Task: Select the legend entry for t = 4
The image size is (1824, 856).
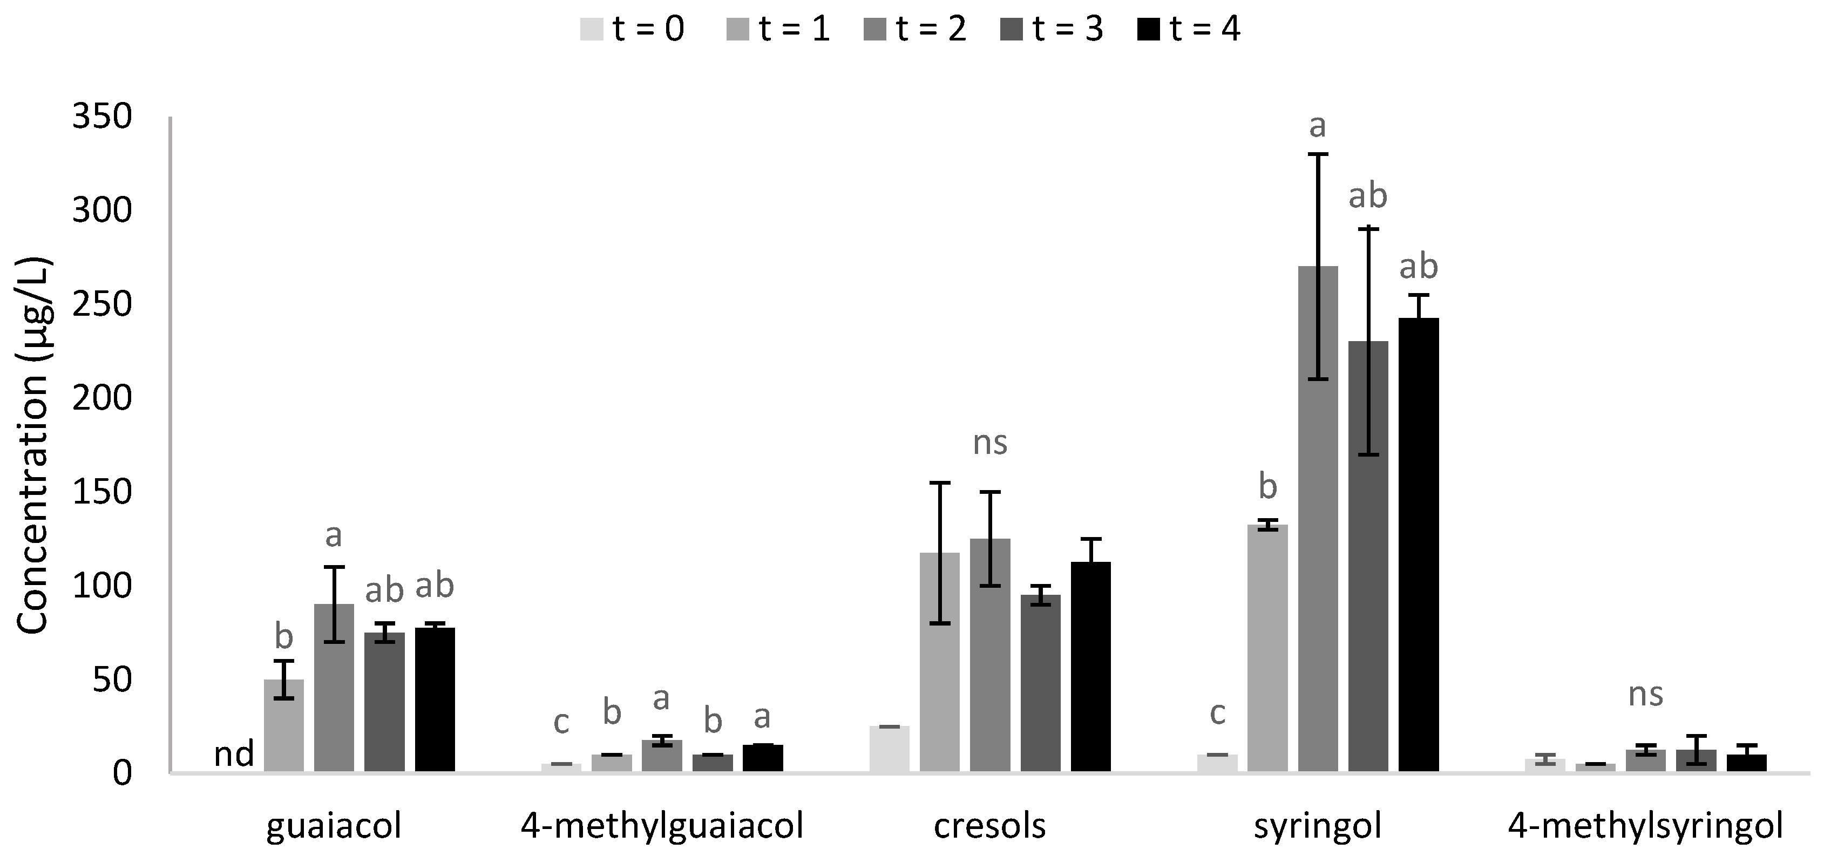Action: coord(1190,30)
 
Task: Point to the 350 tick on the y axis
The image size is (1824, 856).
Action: coord(102,117)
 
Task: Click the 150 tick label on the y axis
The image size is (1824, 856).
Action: coord(102,492)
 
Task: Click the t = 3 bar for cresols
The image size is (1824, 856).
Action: coord(1040,683)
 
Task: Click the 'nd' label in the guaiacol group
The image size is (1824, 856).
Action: coord(234,755)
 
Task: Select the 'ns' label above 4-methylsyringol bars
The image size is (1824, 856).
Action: coord(1645,695)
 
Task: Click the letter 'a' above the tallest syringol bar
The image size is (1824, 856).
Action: coord(1317,127)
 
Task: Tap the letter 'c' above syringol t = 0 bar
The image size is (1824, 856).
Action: coord(1217,714)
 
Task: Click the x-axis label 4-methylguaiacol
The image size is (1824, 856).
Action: coord(662,826)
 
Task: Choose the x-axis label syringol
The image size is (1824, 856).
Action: coord(1318,826)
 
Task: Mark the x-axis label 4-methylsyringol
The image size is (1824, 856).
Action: coord(1645,826)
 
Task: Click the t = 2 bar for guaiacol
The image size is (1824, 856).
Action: coord(334,687)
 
